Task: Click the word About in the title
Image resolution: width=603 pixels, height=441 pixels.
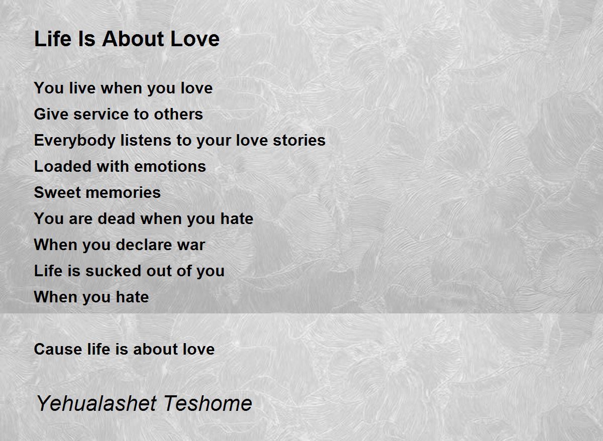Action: [x=133, y=39]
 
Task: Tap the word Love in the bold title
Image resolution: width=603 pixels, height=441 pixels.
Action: [x=195, y=39]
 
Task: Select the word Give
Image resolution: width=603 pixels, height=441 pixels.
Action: [x=51, y=114]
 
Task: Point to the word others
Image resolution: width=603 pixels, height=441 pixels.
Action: [x=178, y=114]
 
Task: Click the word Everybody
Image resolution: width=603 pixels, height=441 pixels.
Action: [x=74, y=141]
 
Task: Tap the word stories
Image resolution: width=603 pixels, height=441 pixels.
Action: [x=299, y=140]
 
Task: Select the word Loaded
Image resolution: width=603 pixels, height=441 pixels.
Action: [x=62, y=166]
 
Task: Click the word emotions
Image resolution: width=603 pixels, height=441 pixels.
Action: [x=170, y=166]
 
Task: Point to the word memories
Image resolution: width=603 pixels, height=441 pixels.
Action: [x=123, y=193]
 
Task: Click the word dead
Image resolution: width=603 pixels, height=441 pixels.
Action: [x=116, y=218]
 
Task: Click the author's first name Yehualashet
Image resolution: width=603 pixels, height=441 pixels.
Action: [x=96, y=403]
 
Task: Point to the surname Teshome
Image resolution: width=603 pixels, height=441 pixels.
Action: [x=208, y=403]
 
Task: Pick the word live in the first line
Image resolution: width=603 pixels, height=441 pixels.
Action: [x=82, y=88]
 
